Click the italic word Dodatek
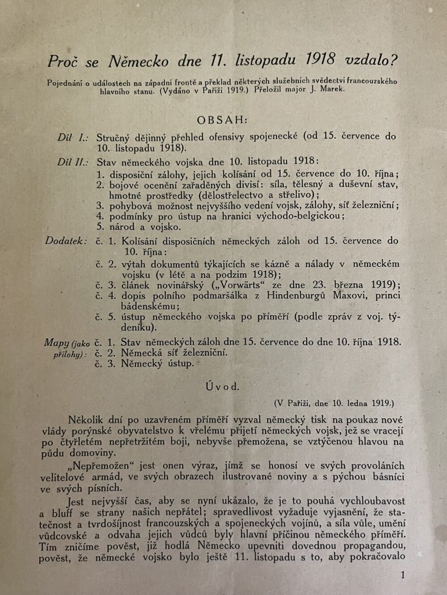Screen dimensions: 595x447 [66, 241]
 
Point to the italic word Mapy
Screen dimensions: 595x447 [56, 343]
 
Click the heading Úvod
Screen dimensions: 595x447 [223, 387]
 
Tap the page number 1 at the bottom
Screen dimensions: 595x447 [403, 575]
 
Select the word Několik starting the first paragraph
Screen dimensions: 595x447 [86, 420]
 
